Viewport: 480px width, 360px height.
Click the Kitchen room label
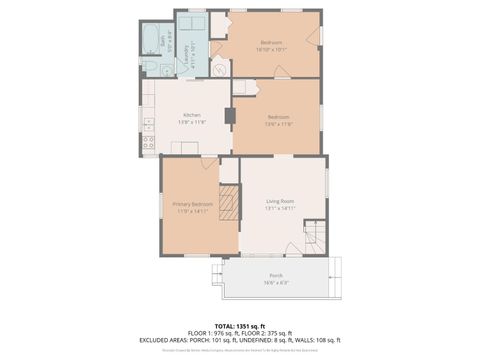tap(189, 115)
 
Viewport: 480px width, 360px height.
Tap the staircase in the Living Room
tap(314, 236)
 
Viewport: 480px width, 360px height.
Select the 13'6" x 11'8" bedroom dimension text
tap(277, 124)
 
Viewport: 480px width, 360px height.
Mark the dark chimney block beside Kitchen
tap(229, 115)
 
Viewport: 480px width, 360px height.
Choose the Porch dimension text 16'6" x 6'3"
tap(275, 282)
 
